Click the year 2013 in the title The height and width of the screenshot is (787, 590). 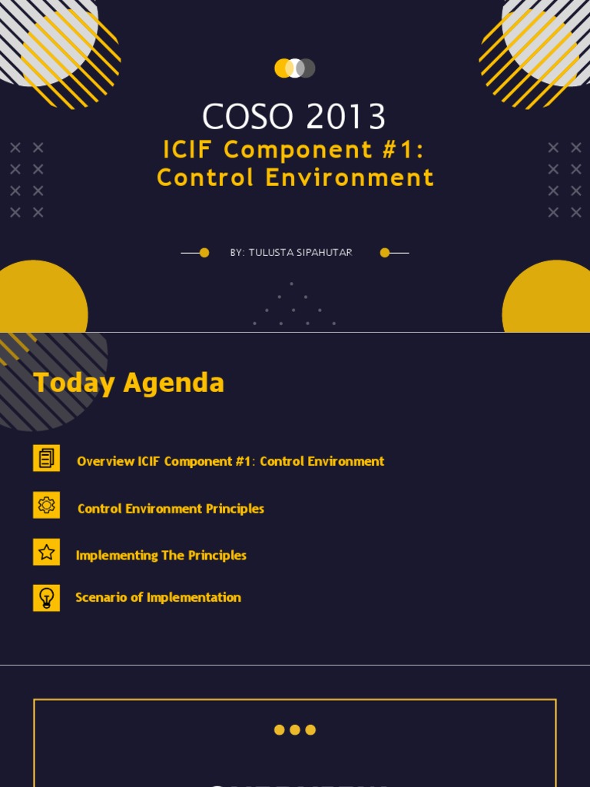click(x=346, y=117)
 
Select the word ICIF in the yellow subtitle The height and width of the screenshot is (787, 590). click(x=191, y=150)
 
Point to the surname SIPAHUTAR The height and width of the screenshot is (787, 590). click(x=320, y=253)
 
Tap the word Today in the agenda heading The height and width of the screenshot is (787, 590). click(x=74, y=383)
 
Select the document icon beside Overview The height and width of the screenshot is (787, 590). click(x=46, y=458)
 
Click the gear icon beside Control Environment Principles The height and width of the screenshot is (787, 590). click(x=46, y=505)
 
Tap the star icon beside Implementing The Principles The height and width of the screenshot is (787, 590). click(x=46, y=552)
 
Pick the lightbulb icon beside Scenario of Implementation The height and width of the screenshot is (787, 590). click(x=46, y=598)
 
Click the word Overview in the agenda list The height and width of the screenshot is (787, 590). click(x=105, y=461)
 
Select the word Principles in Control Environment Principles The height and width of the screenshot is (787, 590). click(x=235, y=509)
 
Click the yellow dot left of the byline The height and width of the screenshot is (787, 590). click(x=204, y=253)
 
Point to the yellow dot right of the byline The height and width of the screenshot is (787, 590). click(x=385, y=253)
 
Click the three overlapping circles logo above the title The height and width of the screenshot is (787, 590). click(x=295, y=68)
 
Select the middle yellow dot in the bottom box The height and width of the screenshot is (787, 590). click(x=295, y=730)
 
